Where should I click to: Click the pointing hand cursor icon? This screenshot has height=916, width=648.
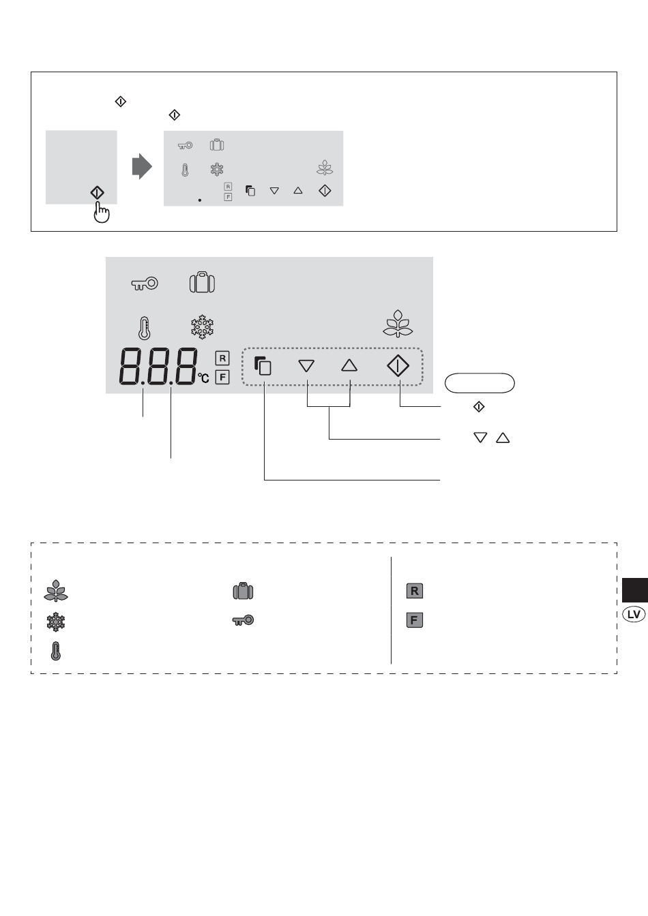tap(102, 213)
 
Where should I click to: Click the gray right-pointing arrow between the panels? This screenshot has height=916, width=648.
tap(142, 166)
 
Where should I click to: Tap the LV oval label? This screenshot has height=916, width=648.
tap(634, 614)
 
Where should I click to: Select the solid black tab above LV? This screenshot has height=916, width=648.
tap(635, 590)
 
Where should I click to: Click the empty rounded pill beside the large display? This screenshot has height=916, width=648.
tap(480, 383)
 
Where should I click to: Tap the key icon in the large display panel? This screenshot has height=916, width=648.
tap(145, 284)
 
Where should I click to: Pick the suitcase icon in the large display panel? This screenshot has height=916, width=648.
tap(202, 282)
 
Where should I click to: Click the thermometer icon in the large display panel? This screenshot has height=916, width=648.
tap(144, 329)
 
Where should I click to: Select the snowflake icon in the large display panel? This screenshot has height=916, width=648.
tap(202, 326)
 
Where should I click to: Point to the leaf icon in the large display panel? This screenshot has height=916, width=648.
tap(398, 324)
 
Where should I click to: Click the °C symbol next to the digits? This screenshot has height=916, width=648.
tap(203, 378)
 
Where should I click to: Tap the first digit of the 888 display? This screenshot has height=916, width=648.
tap(130, 367)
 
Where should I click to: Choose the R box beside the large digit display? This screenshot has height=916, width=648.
tap(222, 358)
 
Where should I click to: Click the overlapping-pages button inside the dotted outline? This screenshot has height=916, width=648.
tap(263, 365)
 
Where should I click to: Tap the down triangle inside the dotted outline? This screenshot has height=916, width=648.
tap(306, 365)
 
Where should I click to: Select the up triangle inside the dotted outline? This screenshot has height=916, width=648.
tap(349, 365)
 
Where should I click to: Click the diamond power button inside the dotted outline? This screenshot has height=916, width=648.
tap(398, 365)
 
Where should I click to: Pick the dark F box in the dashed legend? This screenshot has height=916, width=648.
tap(414, 620)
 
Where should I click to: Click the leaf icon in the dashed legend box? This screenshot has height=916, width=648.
tap(56, 591)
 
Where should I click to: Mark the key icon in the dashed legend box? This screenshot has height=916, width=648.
tap(243, 620)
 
